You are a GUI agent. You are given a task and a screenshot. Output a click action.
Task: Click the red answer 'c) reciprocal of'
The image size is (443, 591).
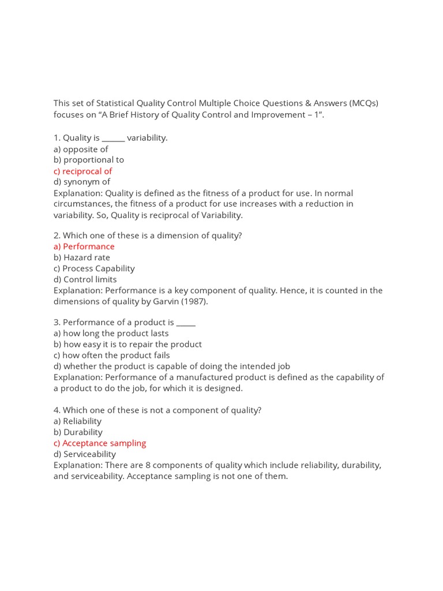82,171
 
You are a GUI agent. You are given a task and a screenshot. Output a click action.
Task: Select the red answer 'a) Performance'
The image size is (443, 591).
84,246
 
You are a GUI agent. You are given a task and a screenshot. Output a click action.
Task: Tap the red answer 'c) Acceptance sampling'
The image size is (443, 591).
100,443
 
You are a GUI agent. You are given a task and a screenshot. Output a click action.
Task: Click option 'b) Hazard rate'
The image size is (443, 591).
82,257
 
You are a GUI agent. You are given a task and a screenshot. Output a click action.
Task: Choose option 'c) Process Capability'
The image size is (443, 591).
94,268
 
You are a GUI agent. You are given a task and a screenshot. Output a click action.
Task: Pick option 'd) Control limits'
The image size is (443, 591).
85,279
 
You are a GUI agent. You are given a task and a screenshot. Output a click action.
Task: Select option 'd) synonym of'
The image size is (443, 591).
82,182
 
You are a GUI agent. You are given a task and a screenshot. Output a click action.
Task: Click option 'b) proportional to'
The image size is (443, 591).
89,160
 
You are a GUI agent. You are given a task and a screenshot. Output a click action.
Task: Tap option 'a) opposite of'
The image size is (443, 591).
81,149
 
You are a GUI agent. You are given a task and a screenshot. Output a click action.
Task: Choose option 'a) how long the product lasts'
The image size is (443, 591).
111,334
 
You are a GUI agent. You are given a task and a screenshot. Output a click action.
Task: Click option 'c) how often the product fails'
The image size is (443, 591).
112,356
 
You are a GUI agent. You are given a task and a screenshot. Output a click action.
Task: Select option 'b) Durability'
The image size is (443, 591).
78,432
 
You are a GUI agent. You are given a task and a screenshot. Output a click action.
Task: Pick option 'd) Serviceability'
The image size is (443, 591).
85,454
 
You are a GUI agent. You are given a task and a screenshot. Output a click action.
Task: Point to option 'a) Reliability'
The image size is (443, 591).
77,421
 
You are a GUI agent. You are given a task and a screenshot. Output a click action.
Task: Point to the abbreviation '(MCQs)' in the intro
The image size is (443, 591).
363,103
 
